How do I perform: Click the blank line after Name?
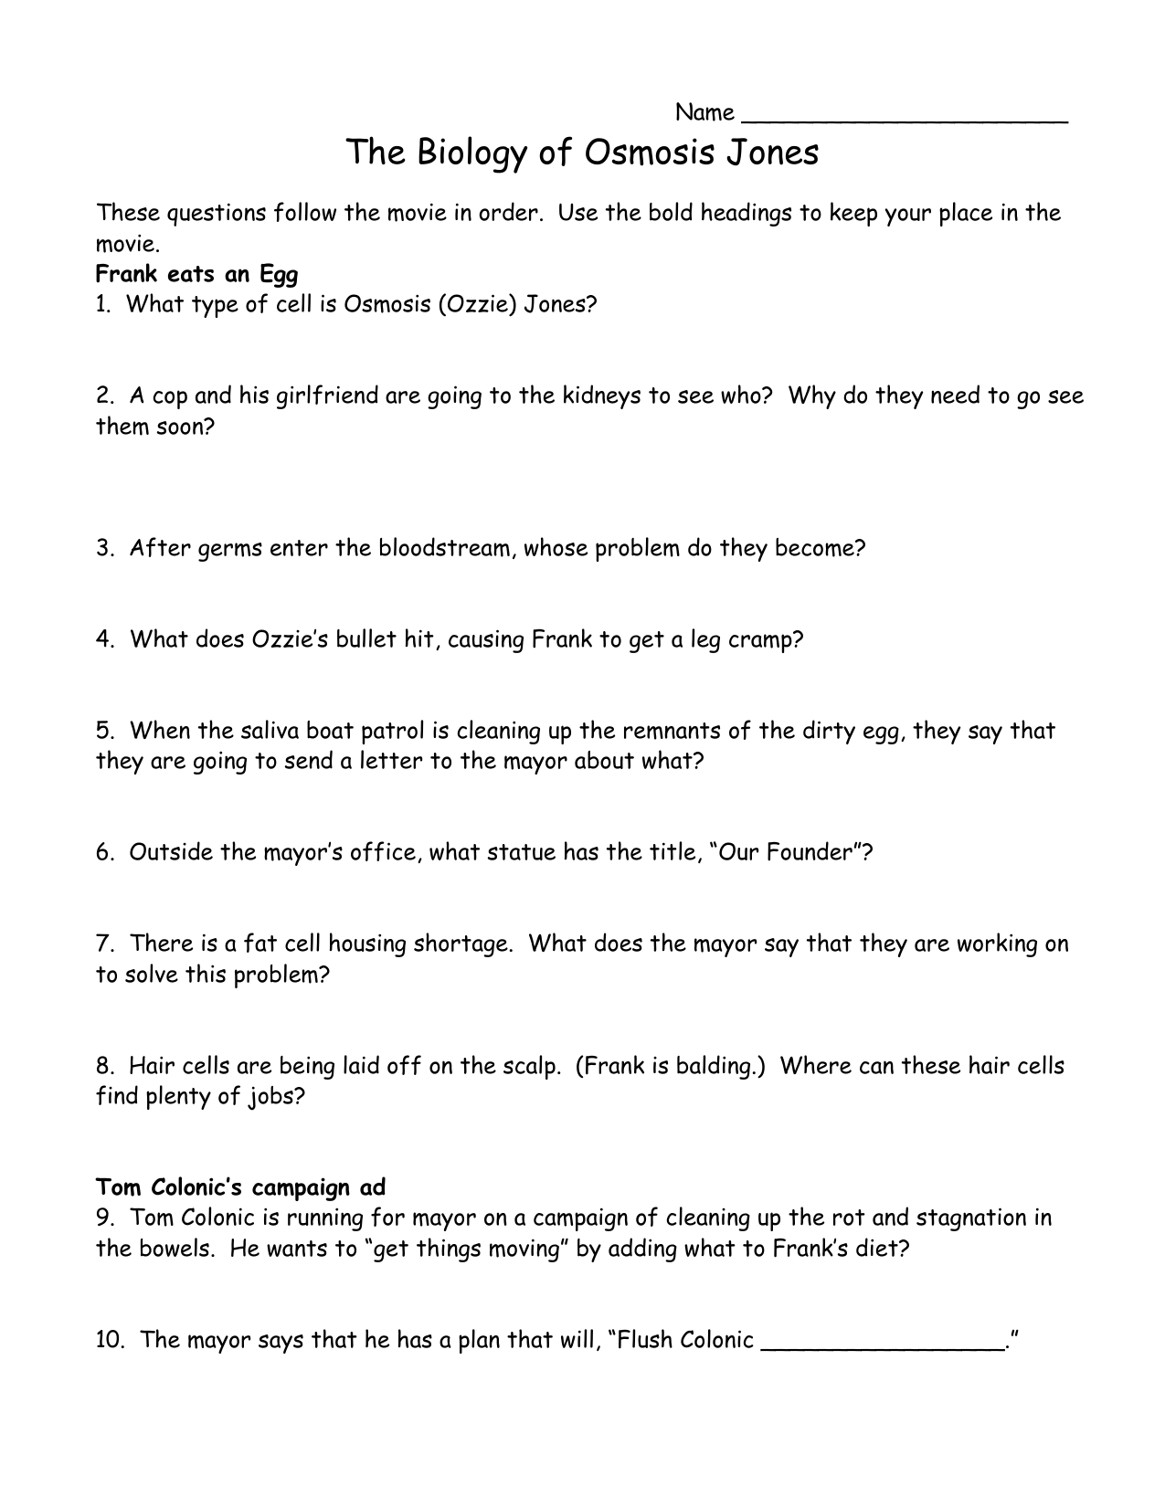click(x=905, y=117)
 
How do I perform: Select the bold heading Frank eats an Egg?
click(x=197, y=274)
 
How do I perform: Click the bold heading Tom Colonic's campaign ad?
click(x=241, y=1187)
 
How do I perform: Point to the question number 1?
click(x=103, y=304)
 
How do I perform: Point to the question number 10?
click(x=110, y=1340)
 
